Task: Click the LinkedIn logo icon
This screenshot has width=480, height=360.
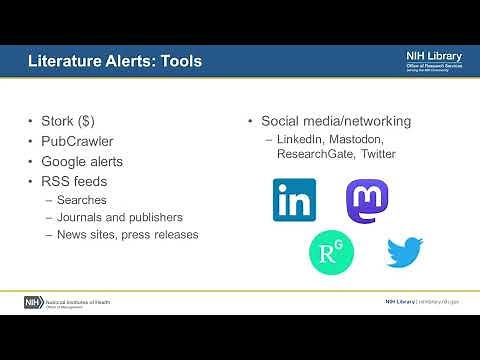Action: pyautogui.click(x=294, y=200)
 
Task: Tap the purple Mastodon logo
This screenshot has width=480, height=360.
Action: pyautogui.click(x=366, y=201)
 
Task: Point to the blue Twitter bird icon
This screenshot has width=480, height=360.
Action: pyautogui.click(x=405, y=251)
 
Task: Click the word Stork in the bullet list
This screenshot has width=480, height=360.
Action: pyautogui.click(x=60, y=122)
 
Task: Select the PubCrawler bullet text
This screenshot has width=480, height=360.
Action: pyautogui.click(x=77, y=141)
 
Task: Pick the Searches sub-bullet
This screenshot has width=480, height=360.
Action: pyautogui.click(x=80, y=198)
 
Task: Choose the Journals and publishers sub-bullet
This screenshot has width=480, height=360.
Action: pyautogui.click(x=119, y=216)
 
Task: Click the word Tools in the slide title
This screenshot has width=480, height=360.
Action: pyautogui.click(x=180, y=62)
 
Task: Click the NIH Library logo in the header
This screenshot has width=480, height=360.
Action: pyautogui.click(x=433, y=61)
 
